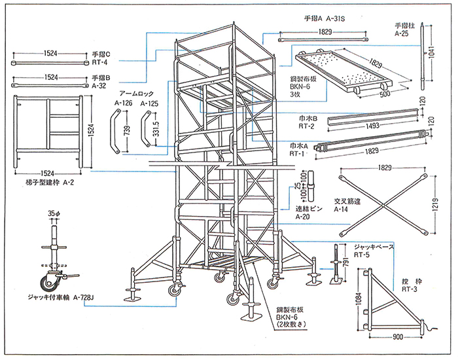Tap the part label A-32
(99, 85)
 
